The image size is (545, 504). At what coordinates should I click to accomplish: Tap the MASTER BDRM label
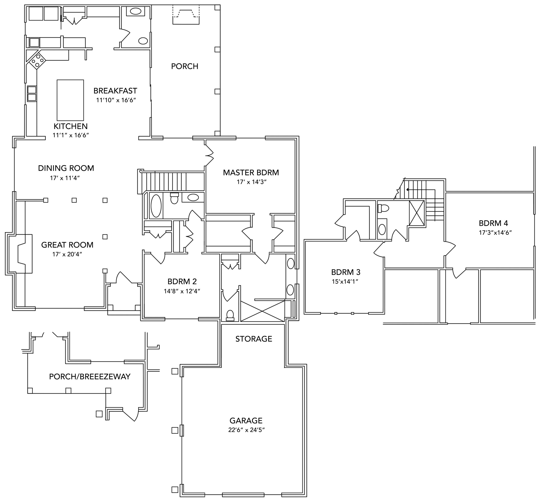click(251, 173)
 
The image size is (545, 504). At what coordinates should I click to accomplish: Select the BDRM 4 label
click(493, 223)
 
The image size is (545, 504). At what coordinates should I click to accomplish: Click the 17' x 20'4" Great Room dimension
click(67, 254)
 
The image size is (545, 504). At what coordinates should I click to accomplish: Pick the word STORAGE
click(254, 339)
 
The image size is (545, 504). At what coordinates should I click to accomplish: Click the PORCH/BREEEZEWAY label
click(90, 377)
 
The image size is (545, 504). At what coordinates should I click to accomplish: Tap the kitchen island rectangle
click(70, 100)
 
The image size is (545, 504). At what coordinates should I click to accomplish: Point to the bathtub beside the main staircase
click(156, 206)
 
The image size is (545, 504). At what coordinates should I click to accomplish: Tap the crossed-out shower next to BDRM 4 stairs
click(417, 213)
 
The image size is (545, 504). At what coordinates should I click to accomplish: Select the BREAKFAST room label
click(115, 91)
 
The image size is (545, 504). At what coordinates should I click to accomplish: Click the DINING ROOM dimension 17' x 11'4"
click(65, 178)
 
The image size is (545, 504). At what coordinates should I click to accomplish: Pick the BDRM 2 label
click(182, 281)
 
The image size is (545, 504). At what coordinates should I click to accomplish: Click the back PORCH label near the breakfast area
click(185, 66)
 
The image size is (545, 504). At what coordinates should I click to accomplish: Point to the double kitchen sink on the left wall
click(32, 94)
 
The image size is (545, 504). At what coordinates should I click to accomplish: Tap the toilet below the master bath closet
click(230, 315)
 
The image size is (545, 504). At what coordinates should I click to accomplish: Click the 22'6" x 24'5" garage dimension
click(247, 430)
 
